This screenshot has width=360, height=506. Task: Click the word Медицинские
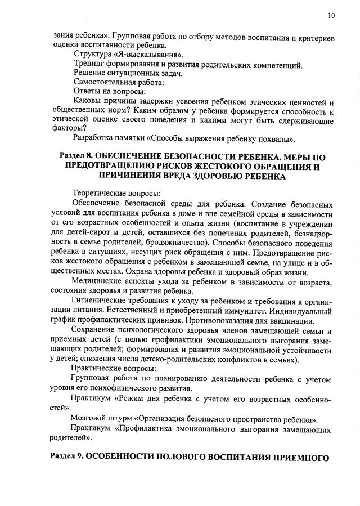[98, 282]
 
